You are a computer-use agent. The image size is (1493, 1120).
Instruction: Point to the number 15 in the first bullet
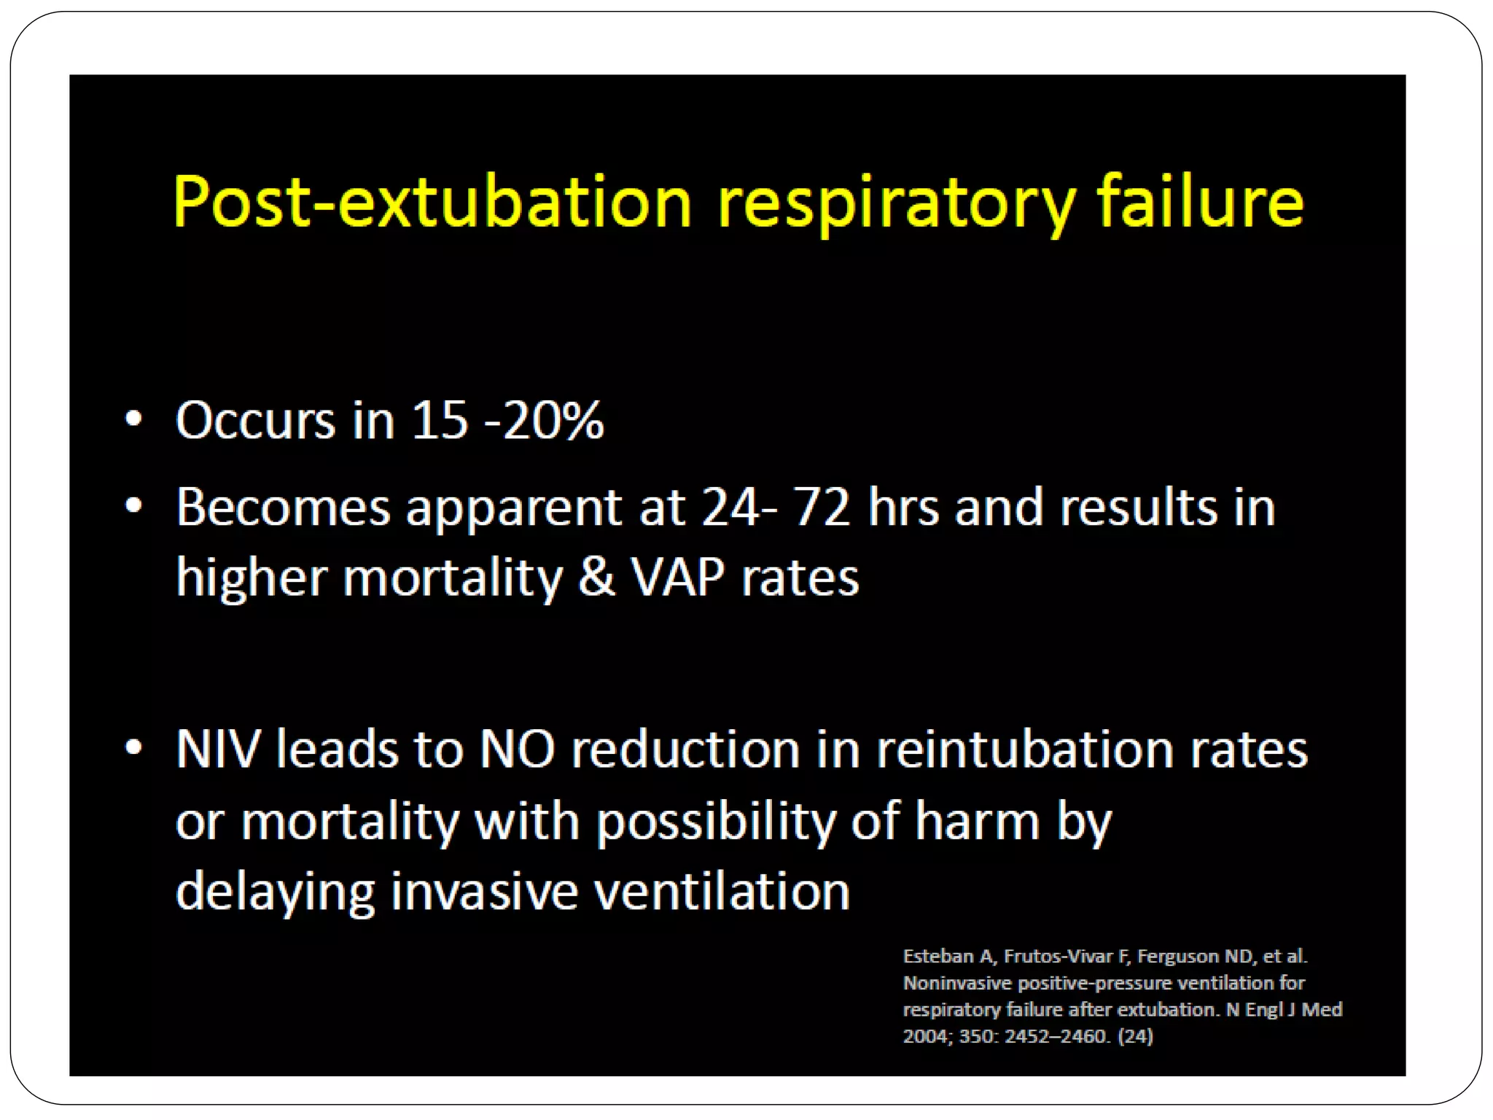(x=440, y=421)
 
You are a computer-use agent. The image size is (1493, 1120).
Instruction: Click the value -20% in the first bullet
(x=544, y=421)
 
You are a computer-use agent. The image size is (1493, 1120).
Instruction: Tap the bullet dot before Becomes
(x=133, y=506)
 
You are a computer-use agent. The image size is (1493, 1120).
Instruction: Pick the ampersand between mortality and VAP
(x=596, y=577)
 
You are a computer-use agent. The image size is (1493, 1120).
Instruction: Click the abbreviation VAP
(x=678, y=577)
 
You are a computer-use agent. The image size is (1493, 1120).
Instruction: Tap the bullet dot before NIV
(x=133, y=748)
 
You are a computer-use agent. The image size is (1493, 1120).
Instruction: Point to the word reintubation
(x=1024, y=750)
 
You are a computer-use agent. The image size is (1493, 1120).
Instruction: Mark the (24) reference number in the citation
(x=1135, y=1036)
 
